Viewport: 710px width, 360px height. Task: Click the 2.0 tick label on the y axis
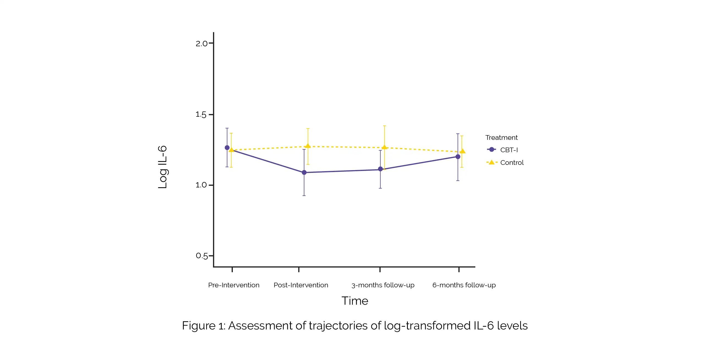click(x=201, y=43)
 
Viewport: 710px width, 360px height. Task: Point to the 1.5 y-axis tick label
click(x=201, y=114)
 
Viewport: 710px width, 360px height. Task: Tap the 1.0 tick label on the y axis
click(x=201, y=185)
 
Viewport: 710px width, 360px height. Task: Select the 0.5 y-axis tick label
click(x=201, y=256)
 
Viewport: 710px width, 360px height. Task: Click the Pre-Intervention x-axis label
click(x=233, y=285)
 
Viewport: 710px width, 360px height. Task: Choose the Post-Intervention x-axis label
click(x=301, y=285)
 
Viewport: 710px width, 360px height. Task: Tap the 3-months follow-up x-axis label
click(x=383, y=285)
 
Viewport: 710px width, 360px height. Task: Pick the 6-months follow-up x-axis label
click(x=464, y=285)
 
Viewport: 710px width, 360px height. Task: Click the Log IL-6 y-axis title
click(x=163, y=167)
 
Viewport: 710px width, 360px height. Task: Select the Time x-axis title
click(x=355, y=301)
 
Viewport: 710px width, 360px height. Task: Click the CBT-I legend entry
click(x=509, y=150)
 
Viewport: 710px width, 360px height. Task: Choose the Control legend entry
click(x=512, y=163)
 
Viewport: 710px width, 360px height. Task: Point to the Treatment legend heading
click(x=501, y=138)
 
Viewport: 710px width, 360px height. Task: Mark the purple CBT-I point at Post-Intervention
click(x=304, y=173)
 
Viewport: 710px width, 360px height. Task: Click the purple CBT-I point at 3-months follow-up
click(x=380, y=169)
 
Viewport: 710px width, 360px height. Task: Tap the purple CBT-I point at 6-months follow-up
click(x=458, y=157)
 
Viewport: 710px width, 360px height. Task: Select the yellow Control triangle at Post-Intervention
click(x=308, y=146)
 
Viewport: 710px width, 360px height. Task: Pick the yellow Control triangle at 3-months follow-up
click(x=384, y=147)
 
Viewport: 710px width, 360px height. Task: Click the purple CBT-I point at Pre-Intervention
click(x=227, y=148)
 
